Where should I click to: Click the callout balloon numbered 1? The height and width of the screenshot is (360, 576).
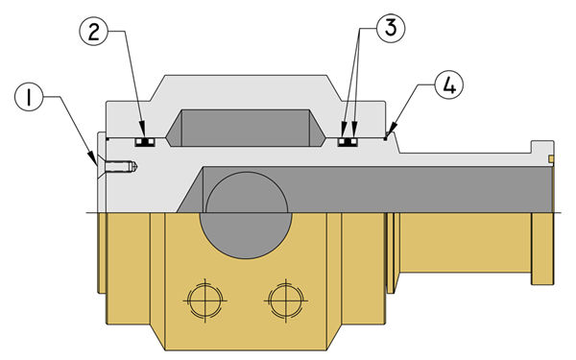pos(29,97)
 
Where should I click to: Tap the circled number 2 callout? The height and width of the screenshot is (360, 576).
pos(94,32)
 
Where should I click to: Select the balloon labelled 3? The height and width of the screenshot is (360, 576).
pos(390,28)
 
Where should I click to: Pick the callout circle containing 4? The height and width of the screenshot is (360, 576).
pos(449,84)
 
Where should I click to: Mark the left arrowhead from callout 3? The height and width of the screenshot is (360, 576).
pos(343,131)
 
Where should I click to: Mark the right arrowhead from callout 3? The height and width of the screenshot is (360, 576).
pos(354,131)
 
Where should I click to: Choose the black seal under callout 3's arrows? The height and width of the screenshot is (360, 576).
pos(348,142)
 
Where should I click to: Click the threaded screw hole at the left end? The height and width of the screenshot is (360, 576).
pos(121,167)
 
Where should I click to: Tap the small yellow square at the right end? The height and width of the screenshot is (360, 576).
pos(551,158)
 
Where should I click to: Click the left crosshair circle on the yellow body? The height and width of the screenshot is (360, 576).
pos(205,300)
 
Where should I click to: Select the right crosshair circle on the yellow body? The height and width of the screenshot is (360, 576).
pos(286,300)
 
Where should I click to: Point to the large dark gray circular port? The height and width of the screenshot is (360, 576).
pos(246,215)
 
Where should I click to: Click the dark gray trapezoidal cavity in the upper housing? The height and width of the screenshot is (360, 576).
pos(245,128)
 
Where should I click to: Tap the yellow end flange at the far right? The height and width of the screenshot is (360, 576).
pos(542,249)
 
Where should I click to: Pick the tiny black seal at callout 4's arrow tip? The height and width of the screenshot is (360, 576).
pos(385,138)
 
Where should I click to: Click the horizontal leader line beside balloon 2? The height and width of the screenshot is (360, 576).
pos(117,32)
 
